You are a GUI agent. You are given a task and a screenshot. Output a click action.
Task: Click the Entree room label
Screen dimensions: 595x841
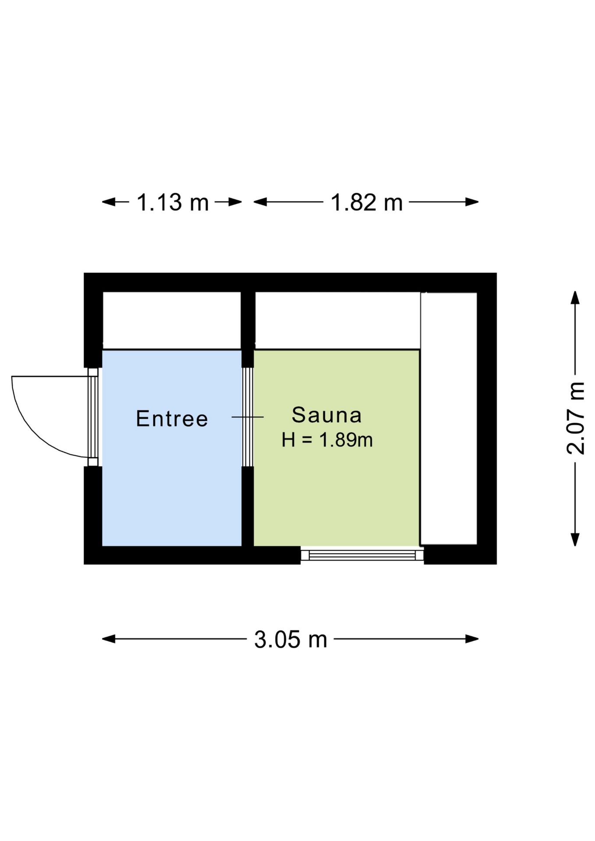click(x=172, y=418)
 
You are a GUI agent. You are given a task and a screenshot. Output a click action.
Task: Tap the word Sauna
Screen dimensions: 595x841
click(x=327, y=415)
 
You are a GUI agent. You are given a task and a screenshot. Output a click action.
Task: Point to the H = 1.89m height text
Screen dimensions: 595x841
click(x=327, y=440)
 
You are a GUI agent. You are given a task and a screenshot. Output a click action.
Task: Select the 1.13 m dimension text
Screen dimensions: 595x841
click(x=173, y=202)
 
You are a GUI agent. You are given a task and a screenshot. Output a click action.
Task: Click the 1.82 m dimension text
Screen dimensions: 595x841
click(x=366, y=202)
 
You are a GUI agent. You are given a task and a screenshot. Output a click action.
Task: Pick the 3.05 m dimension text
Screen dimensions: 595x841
click(x=290, y=639)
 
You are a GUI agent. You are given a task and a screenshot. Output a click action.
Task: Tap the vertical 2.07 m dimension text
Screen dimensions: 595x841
click(x=576, y=418)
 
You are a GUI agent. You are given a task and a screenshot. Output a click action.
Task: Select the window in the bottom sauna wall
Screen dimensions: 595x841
click(x=362, y=555)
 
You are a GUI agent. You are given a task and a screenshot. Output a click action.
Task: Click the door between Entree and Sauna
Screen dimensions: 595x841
click(x=248, y=417)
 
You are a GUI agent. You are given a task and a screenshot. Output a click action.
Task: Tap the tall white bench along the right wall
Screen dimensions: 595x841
click(x=449, y=418)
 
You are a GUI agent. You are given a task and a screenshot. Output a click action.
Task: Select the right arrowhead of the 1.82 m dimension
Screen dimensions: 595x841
click(x=472, y=202)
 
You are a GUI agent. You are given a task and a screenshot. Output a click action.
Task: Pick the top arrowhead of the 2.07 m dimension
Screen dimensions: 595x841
click(x=575, y=297)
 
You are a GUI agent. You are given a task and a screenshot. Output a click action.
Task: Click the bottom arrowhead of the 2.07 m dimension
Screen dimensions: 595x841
click(x=575, y=540)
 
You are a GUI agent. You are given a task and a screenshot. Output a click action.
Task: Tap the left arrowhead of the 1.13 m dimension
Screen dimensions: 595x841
click(x=109, y=202)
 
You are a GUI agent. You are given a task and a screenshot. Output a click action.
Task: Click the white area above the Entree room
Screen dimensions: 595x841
click(x=172, y=320)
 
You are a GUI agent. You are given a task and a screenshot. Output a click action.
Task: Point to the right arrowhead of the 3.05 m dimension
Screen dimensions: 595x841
click(x=472, y=639)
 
